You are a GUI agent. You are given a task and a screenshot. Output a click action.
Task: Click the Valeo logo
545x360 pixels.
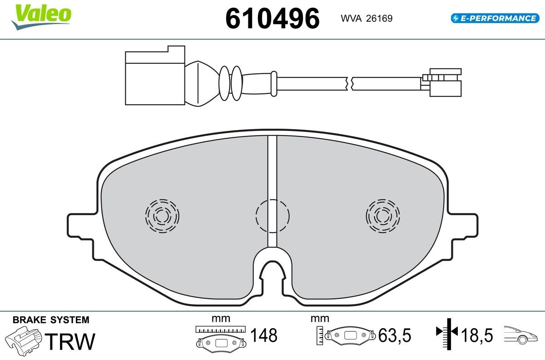click(41, 16)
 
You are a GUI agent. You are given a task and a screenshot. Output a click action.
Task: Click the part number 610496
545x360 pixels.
click(272, 19)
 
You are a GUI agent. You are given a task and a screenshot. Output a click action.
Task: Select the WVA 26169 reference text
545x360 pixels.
click(367, 19)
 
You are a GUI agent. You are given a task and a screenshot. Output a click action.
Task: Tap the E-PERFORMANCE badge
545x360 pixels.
click(495, 18)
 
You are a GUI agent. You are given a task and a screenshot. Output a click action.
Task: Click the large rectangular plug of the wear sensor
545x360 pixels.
click(155, 75)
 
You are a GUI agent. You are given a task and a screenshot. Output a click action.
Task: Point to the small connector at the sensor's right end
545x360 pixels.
click(441, 83)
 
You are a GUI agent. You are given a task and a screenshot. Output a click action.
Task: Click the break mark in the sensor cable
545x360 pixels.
click(349, 84)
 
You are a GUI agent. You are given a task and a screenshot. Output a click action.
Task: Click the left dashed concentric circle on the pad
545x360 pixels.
click(162, 216)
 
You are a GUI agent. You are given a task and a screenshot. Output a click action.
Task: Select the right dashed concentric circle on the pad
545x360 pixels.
click(383, 216)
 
